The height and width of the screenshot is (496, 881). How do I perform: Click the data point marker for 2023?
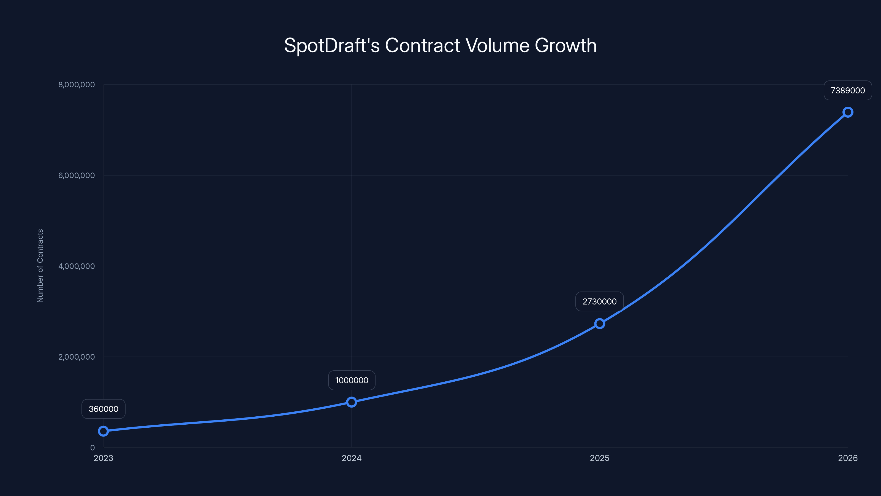click(x=103, y=431)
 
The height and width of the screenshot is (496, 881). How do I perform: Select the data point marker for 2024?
click(x=352, y=402)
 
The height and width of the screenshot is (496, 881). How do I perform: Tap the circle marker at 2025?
click(x=600, y=324)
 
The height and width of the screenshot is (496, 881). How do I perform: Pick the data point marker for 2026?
click(x=848, y=112)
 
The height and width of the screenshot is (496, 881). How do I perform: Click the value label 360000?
click(x=103, y=409)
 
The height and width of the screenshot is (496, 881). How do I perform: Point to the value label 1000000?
click(x=352, y=380)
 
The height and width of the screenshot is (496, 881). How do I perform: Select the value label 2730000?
click(x=600, y=301)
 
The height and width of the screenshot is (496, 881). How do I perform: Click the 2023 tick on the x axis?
click(x=103, y=458)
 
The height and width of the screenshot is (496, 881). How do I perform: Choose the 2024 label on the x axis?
click(x=352, y=458)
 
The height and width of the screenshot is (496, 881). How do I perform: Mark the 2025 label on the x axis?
click(x=600, y=458)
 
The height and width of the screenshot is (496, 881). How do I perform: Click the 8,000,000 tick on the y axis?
click(x=76, y=85)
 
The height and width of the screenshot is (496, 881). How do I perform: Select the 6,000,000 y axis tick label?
click(x=76, y=175)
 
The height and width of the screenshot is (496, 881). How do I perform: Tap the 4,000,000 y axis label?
click(x=76, y=266)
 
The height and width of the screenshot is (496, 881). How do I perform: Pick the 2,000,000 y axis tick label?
click(x=76, y=357)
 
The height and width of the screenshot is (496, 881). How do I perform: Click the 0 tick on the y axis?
click(x=92, y=448)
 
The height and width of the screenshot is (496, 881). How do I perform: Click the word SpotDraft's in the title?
click(x=331, y=45)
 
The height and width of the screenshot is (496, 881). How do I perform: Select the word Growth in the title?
click(x=566, y=45)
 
